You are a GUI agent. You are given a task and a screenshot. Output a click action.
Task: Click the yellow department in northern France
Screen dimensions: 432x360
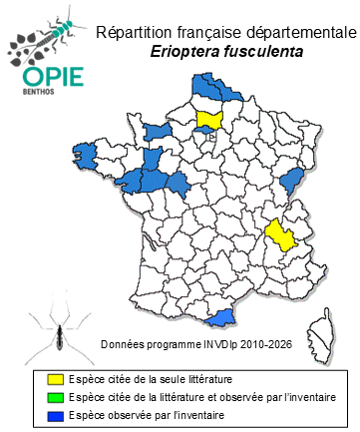point(210,121)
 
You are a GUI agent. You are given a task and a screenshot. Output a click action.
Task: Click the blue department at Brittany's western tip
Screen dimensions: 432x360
point(85,155)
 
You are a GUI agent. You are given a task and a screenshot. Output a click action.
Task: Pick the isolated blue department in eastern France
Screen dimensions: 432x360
point(292,180)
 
